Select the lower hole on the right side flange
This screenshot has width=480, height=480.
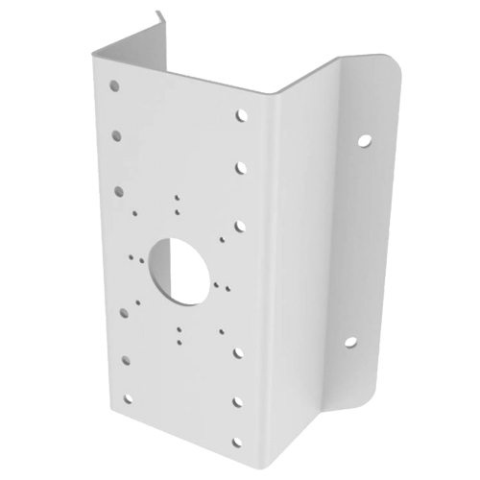click(348, 341)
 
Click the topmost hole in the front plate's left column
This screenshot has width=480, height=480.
click(115, 85)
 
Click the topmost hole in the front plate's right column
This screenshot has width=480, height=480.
click(238, 117)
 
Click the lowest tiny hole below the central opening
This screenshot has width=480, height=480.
click(179, 338)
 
